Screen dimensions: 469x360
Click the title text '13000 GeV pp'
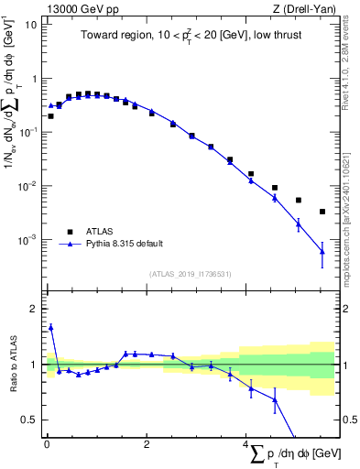pos(73,7)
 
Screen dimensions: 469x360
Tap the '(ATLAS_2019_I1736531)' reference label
pos(190,273)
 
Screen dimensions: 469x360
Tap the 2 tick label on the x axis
pos(147,444)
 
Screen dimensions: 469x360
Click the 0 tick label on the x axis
pos(47,444)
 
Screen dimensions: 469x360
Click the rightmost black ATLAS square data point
pos(322,212)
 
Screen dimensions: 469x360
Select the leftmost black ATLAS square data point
pos(50,116)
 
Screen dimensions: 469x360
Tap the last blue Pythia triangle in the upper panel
pos(322,251)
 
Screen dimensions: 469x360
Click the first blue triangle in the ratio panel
pos(50,327)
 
